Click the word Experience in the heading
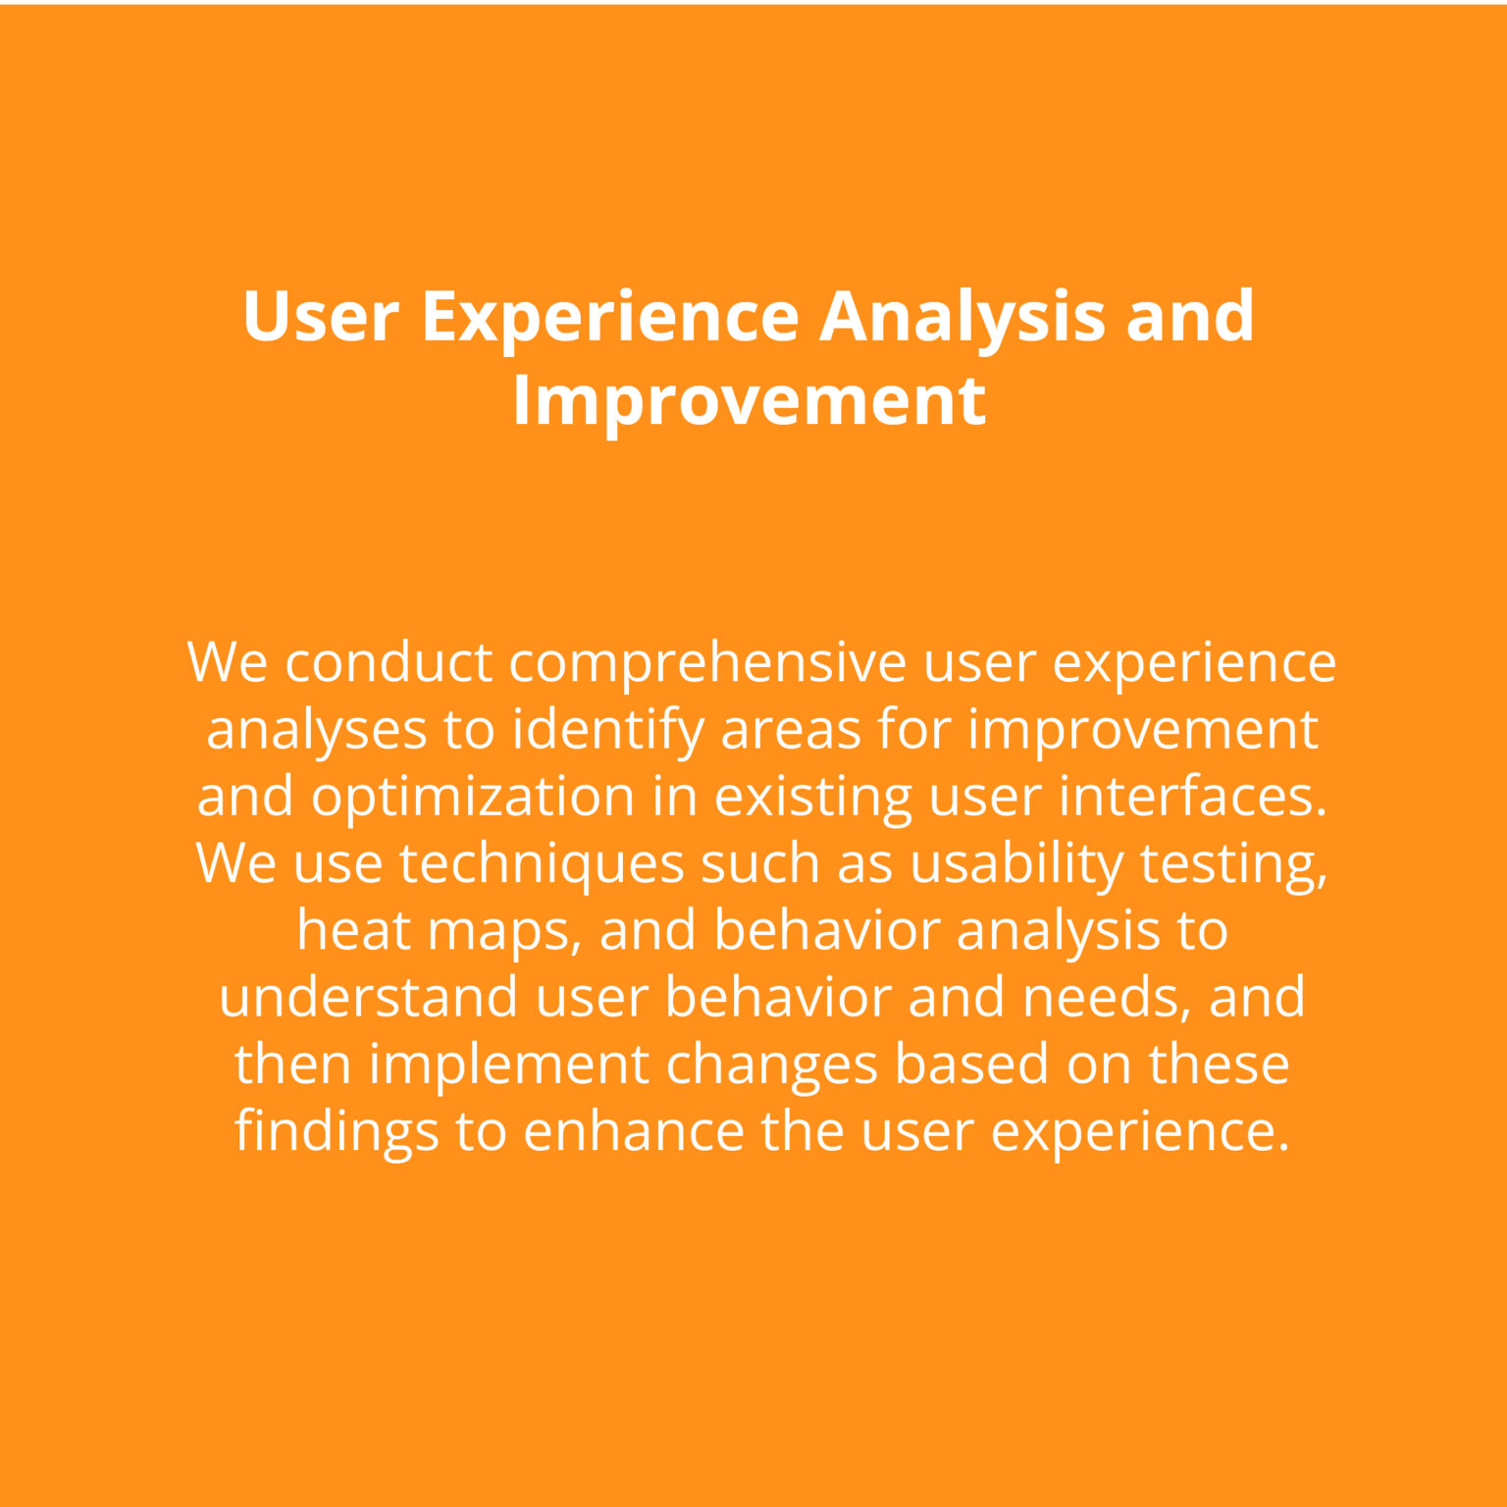tap(610, 318)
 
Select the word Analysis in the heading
tap(962, 318)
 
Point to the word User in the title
tap(320, 316)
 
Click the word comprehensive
tap(707, 663)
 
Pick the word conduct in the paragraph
tap(389, 661)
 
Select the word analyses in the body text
tap(316, 730)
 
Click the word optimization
tap(473, 797)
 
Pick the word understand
tap(368, 997)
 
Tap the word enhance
tap(634, 1130)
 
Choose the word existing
tap(813, 797)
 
